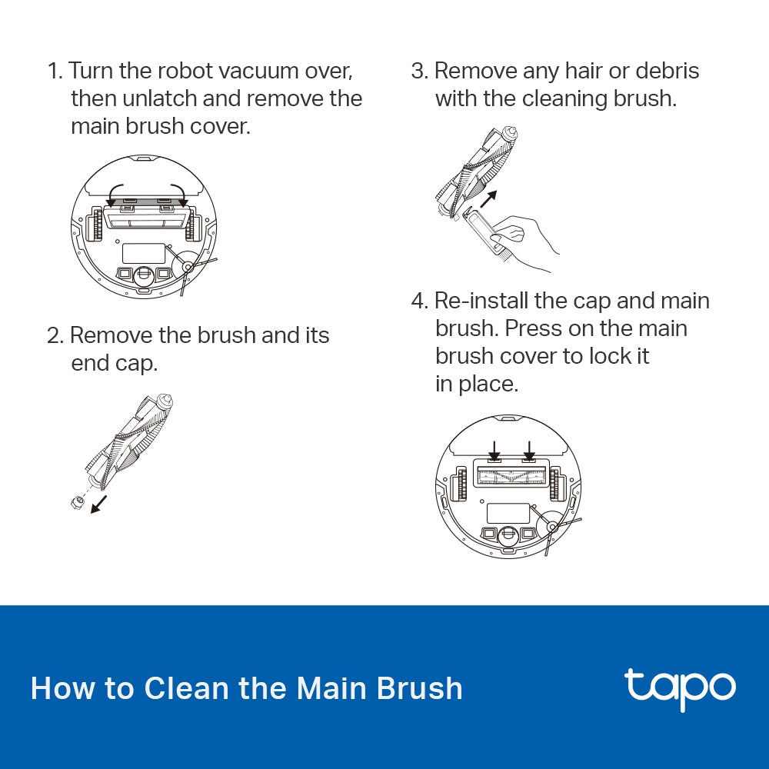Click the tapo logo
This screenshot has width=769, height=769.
click(680, 689)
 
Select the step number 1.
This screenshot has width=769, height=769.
click(53, 71)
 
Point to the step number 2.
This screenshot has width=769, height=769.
click(54, 335)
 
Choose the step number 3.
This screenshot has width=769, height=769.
click(418, 71)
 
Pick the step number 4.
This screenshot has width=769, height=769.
click(418, 301)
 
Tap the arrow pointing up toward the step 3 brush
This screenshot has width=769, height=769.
click(488, 201)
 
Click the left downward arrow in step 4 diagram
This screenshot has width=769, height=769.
click(494, 449)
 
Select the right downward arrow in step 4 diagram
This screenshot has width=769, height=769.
click(529, 449)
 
